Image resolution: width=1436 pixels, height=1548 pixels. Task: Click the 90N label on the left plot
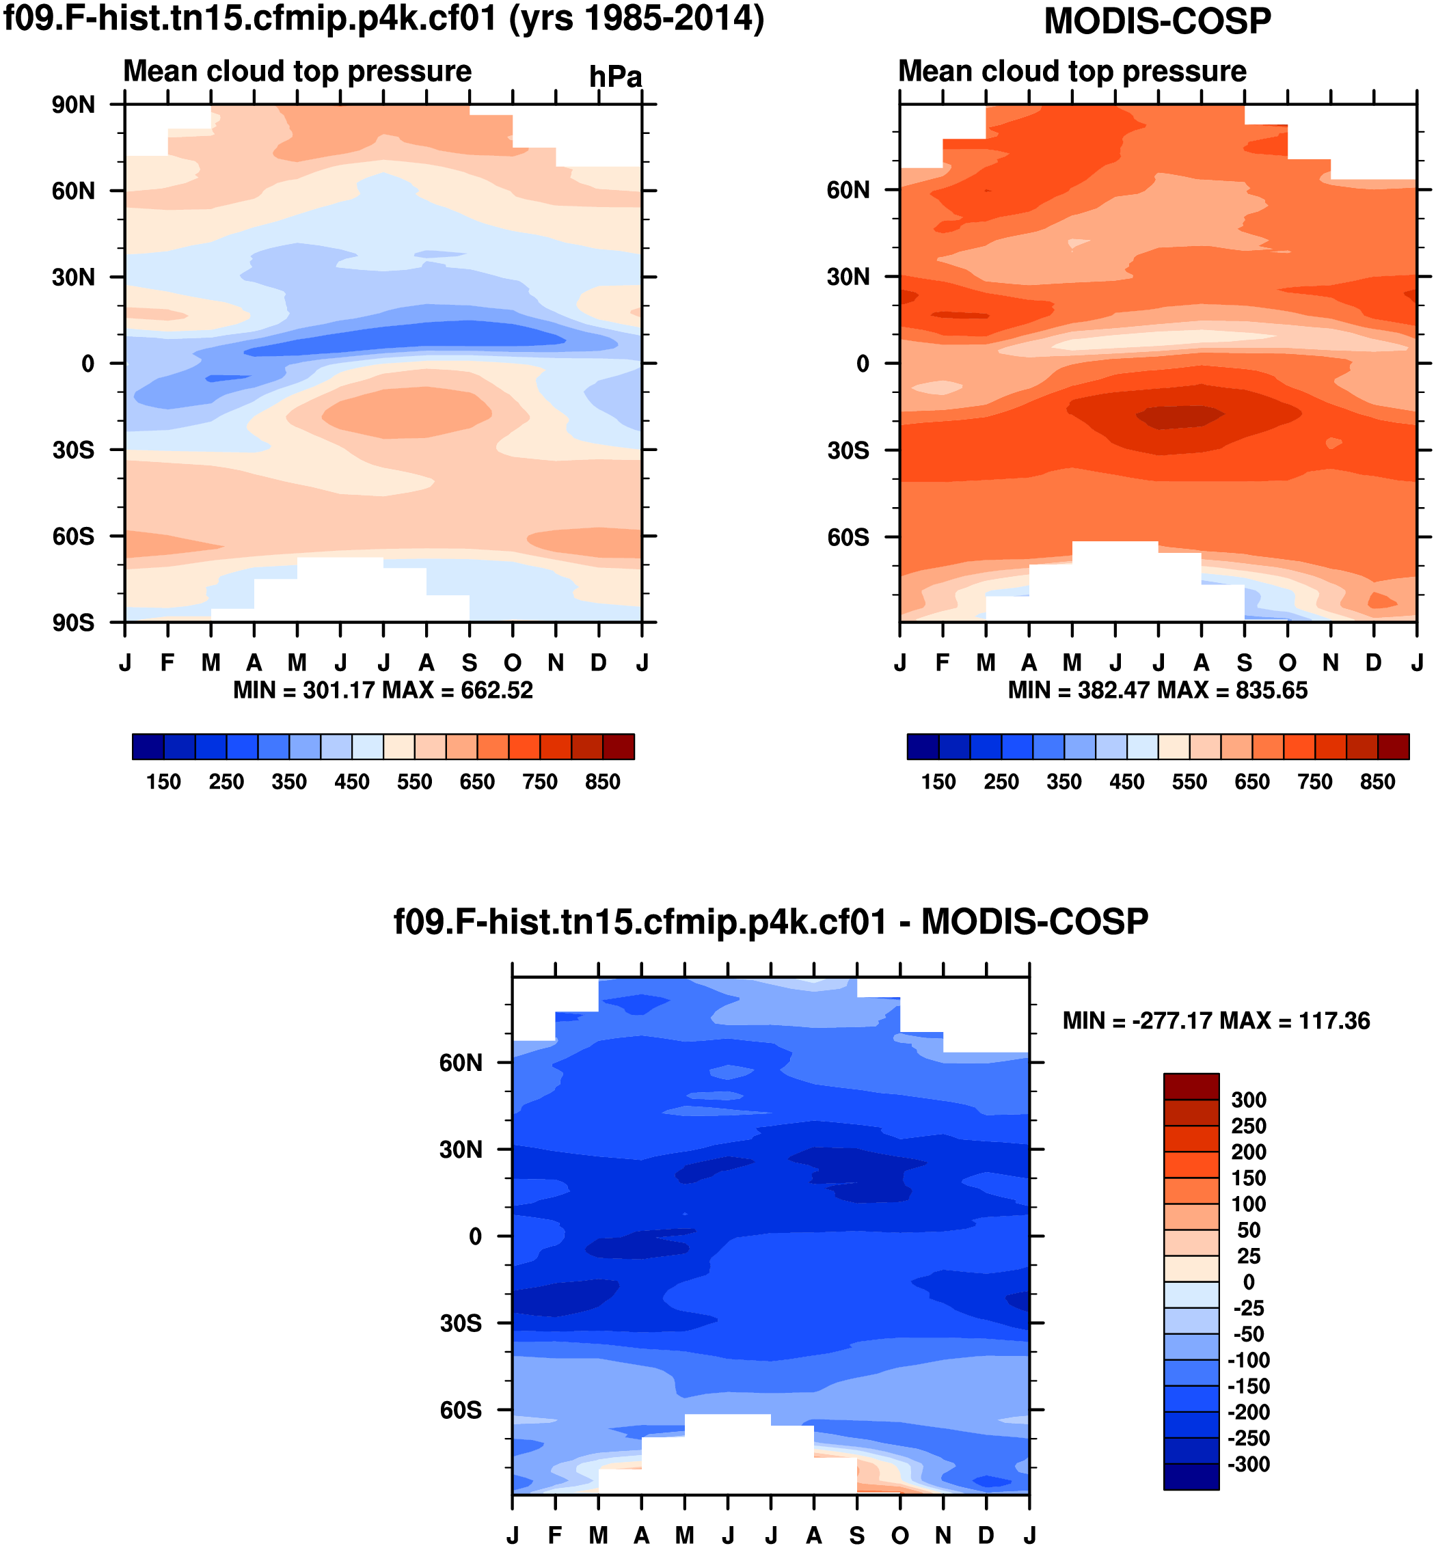(73, 105)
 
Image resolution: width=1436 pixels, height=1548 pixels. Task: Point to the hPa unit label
(615, 77)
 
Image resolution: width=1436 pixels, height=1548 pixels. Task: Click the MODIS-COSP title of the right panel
(1157, 21)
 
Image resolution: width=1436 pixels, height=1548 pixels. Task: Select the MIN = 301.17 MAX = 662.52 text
(383, 690)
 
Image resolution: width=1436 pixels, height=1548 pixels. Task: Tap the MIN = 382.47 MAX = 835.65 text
(1158, 690)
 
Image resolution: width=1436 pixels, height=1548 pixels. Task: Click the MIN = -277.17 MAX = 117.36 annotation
(1216, 1020)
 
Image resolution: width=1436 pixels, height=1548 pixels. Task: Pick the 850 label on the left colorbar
(602, 782)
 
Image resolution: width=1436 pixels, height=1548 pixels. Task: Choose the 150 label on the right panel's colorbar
(938, 782)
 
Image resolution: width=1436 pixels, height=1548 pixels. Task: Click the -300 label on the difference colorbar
(1249, 1464)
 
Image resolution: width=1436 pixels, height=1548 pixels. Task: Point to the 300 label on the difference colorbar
(1249, 1100)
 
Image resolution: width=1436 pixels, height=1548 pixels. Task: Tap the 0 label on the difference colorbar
(1249, 1281)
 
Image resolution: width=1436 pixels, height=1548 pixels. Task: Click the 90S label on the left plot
(73, 623)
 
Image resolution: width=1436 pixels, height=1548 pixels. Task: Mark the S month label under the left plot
(470, 663)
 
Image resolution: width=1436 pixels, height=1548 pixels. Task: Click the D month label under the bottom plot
(986, 1536)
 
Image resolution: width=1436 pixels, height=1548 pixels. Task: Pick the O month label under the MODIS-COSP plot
(1288, 663)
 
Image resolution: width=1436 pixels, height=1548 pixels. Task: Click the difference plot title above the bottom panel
(771, 923)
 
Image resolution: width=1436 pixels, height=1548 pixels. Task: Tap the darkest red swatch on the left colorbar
(619, 746)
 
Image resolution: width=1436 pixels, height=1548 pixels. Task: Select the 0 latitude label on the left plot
(87, 364)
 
